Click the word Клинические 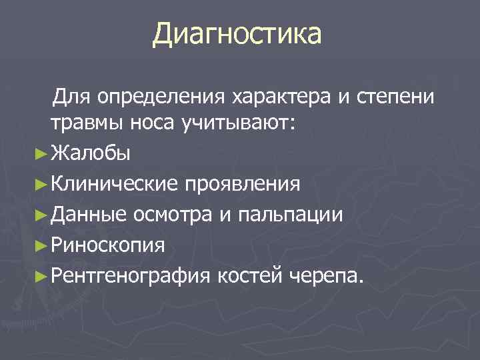(115, 183)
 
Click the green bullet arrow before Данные (41, 215)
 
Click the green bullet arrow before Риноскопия (41, 245)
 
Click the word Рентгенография (131, 275)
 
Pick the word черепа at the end (326, 275)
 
